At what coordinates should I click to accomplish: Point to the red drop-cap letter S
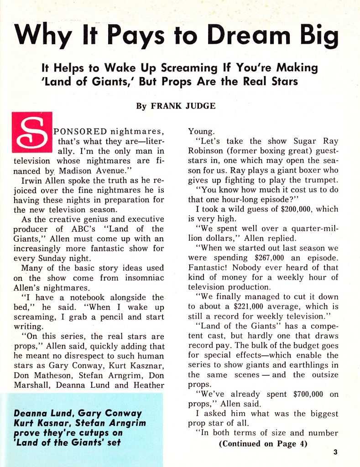tap(32, 133)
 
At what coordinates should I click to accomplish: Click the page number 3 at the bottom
tap(335, 452)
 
